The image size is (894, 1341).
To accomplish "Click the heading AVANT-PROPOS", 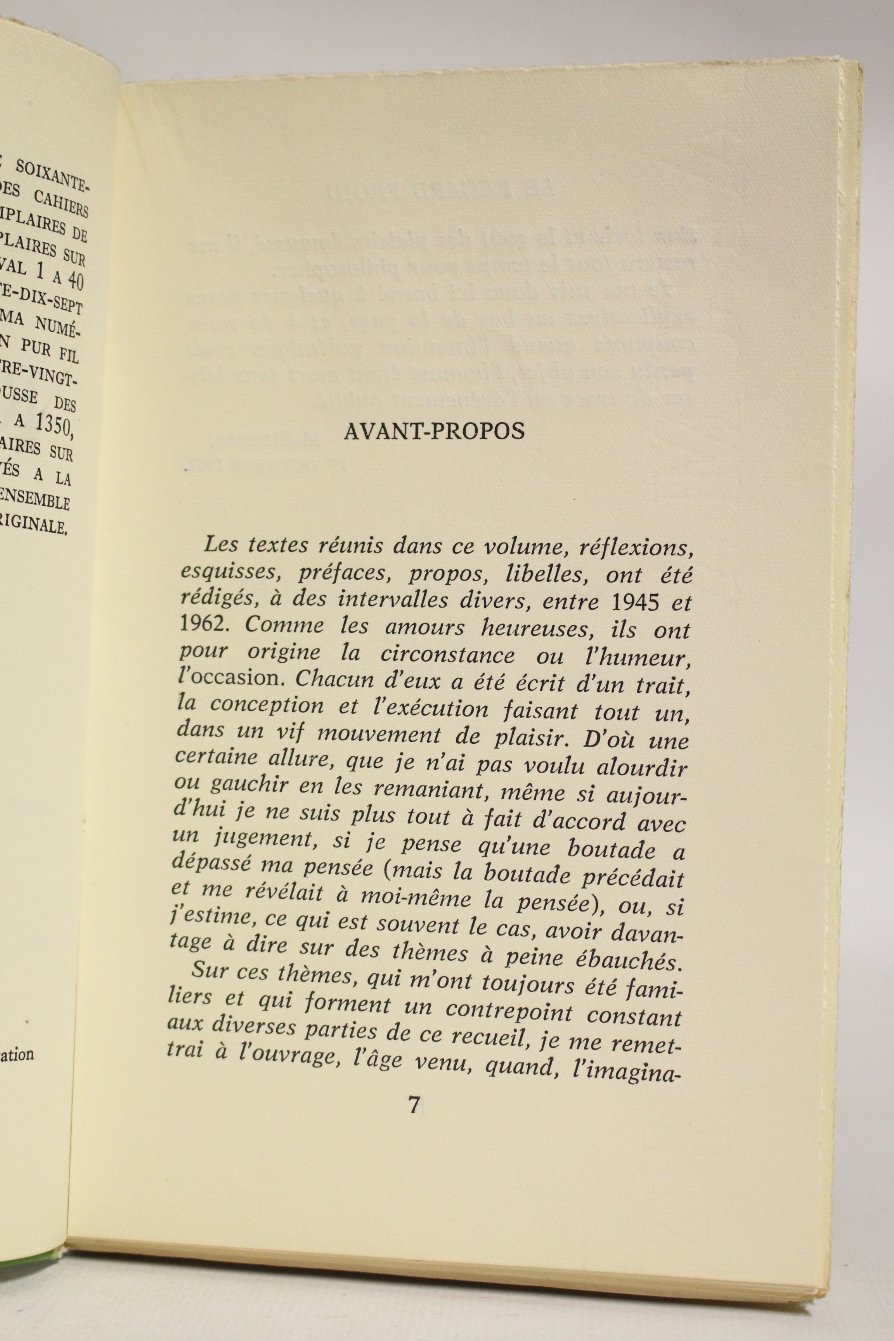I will [434, 431].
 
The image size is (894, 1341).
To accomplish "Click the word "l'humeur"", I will [646, 658].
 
